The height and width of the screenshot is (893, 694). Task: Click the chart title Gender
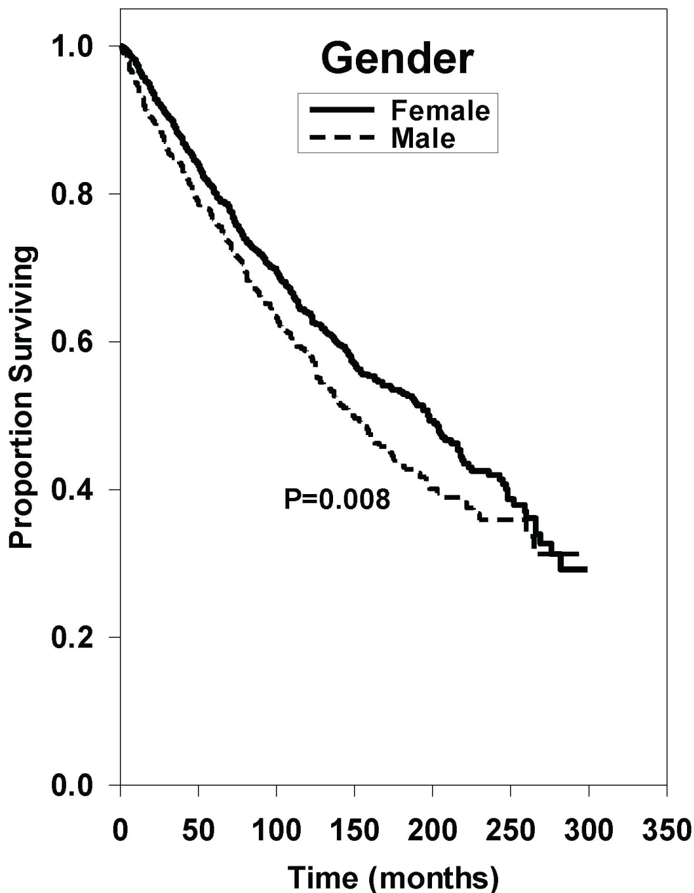[397, 59]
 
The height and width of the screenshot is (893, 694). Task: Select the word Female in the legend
[440, 111]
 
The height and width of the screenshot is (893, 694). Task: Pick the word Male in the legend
[423, 138]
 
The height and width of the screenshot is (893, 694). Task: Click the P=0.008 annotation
[337, 500]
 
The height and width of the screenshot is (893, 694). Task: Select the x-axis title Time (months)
[393, 877]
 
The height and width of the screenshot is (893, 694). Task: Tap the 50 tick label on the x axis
[199, 830]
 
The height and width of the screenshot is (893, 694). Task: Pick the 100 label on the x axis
[277, 830]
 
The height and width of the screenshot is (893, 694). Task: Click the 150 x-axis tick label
[355, 830]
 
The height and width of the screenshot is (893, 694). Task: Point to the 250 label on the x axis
[511, 830]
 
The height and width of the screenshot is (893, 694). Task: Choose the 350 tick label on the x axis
[667, 830]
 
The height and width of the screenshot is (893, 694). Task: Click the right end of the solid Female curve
[586, 570]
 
